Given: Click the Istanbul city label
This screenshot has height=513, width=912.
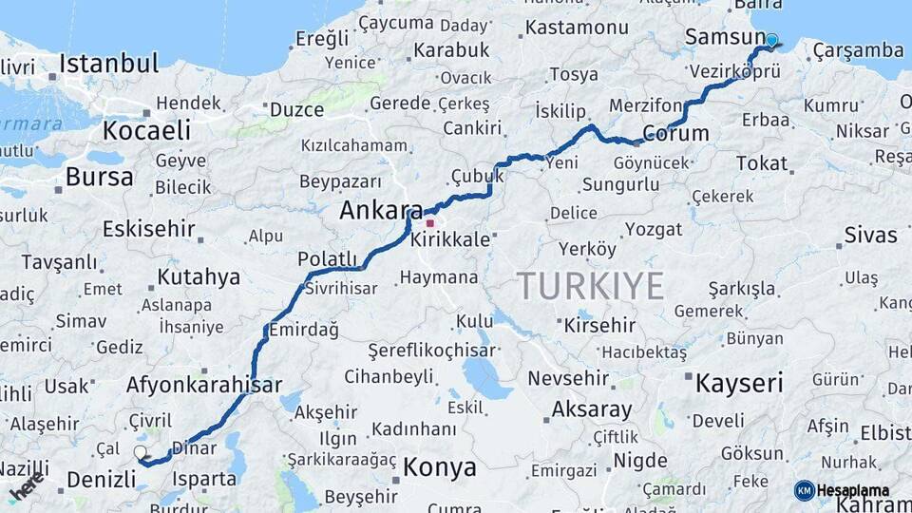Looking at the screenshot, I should pos(108,65).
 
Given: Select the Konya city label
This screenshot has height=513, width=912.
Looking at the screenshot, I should pos(439,467).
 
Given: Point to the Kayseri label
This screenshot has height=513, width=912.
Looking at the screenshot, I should pos(739,384).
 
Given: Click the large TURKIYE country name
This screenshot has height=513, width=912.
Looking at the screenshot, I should pos(590,284).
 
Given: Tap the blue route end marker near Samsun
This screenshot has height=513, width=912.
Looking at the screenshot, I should pos(771,41).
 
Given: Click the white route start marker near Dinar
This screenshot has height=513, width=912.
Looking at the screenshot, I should pos(141,453).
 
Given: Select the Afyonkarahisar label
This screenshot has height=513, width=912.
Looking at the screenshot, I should pos(203,385).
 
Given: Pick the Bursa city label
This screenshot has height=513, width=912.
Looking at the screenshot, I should pos(99,177).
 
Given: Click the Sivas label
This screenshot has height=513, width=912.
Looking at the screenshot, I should pos(870,235).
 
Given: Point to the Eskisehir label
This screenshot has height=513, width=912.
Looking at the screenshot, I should pos(148,229).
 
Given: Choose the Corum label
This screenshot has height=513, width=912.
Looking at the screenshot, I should pos(675,133).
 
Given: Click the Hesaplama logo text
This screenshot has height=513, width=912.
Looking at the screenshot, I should pos(852,490).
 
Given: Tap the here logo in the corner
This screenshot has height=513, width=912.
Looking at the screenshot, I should pos(27,486).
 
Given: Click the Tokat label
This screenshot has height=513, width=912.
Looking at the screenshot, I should pos(762,163).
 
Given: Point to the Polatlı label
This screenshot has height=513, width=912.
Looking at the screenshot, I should pos(327,259).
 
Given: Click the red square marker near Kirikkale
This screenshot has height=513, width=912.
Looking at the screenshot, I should pos(429,223).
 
